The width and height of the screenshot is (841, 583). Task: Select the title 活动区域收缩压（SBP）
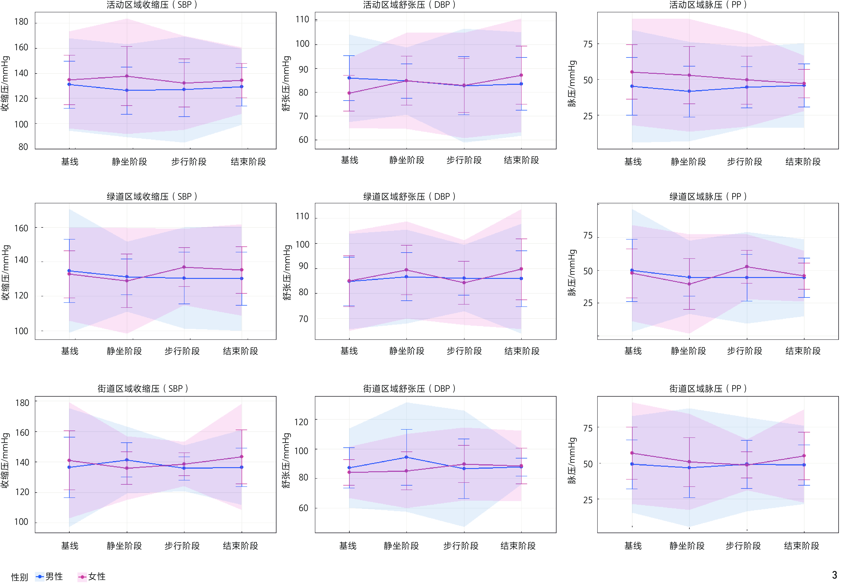pyautogui.click(x=152, y=5)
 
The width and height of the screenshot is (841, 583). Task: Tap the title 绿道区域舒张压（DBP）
pyautogui.click(x=409, y=197)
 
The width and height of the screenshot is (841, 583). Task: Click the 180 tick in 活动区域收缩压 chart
pyautogui.click(x=21, y=22)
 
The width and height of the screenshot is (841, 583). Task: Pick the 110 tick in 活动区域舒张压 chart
pyautogui.click(x=302, y=19)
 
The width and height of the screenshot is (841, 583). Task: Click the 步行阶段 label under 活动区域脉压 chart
pyautogui.click(x=745, y=161)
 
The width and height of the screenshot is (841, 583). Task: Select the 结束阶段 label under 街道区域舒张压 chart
pyautogui.click(x=518, y=546)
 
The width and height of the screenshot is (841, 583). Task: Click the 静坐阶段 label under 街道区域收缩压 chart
pyautogui.click(x=124, y=546)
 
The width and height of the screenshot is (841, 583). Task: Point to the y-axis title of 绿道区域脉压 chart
pyautogui.click(x=572, y=272)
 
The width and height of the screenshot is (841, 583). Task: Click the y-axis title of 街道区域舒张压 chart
pyautogui.click(x=287, y=460)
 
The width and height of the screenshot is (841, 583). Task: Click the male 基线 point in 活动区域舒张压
pyautogui.click(x=349, y=78)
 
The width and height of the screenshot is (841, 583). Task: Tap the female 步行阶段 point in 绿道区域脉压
pyautogui.click(x=747, y=267)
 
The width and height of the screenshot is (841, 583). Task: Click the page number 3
pyautogui.click(x=834, y=575)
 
